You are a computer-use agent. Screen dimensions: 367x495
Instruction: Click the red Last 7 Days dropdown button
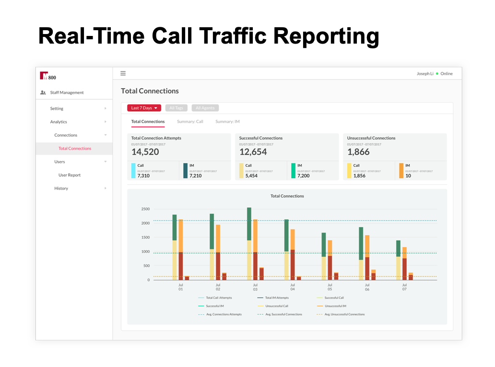pos(144,108)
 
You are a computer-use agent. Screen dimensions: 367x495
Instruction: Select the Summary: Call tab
pos(190,122)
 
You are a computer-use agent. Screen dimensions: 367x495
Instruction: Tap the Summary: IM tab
pos(227,122)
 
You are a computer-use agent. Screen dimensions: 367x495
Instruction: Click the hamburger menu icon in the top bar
pos(123,73)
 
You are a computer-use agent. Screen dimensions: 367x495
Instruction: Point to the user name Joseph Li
pos(425,74)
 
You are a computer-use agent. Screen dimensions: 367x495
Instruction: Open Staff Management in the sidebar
pos(67,92)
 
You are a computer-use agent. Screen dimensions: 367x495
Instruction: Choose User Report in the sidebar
pos(70,175)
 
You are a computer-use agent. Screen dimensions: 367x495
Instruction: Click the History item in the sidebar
pos(61,188)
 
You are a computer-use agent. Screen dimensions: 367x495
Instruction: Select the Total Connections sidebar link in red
pos(75,149)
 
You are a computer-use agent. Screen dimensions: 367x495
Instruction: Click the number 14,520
pos(145,152)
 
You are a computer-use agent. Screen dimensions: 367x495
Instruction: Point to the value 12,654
pos(253,152)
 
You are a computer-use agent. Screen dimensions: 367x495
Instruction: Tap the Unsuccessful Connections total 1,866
pos(359,152)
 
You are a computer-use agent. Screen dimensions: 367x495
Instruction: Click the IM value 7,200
pos(303,176)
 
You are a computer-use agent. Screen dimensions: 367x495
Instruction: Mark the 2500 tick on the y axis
pos(145,209)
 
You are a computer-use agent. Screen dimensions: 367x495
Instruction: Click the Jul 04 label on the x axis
pos(293,287)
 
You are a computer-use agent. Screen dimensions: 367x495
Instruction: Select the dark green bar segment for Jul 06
pos(361,243)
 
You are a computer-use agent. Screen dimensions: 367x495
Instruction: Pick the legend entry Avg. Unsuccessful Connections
pos(344,314)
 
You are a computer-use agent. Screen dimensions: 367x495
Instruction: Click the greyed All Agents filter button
pos(205,108)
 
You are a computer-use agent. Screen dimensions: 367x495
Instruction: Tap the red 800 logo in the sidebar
pos(47,76)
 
